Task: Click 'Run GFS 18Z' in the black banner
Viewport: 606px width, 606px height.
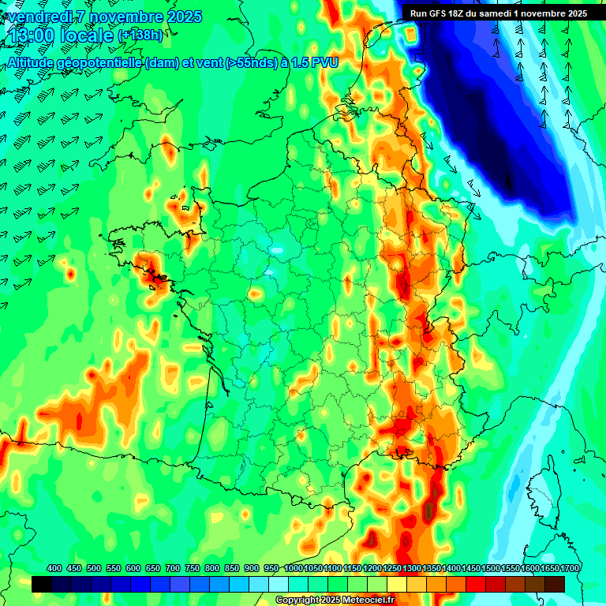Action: click(x=437, y=13)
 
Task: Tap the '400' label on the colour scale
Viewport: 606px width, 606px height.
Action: click(x=54, y=568)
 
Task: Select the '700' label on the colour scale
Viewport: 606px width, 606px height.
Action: click(x=173, y=568)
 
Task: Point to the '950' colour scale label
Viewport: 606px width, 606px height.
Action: click(x=271, y=568)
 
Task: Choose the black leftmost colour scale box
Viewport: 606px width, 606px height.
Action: click(x=42, y=584)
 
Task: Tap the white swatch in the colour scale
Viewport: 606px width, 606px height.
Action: click(x=279, y=584)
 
